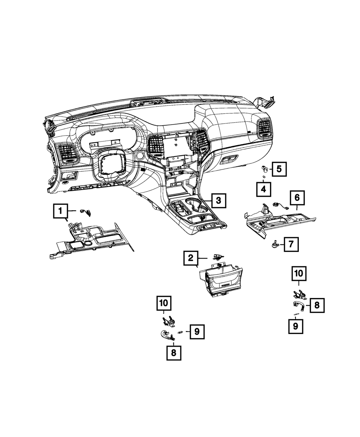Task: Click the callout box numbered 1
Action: click(x=60, y=211)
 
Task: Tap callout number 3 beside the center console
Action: click(x=219, y=200)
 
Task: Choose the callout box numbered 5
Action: click(x=279, y=168)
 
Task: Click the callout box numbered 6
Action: click(x=297, y=198)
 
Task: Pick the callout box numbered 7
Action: click(x=291, y=245)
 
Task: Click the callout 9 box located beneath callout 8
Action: click(x=296, y=326)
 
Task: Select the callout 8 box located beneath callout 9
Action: click(x=174, y=353)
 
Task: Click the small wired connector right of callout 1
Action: click(x=86, y=212)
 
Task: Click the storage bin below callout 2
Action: click(x=220, y=281)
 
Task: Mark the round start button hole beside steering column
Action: click(x=140, y=156)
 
